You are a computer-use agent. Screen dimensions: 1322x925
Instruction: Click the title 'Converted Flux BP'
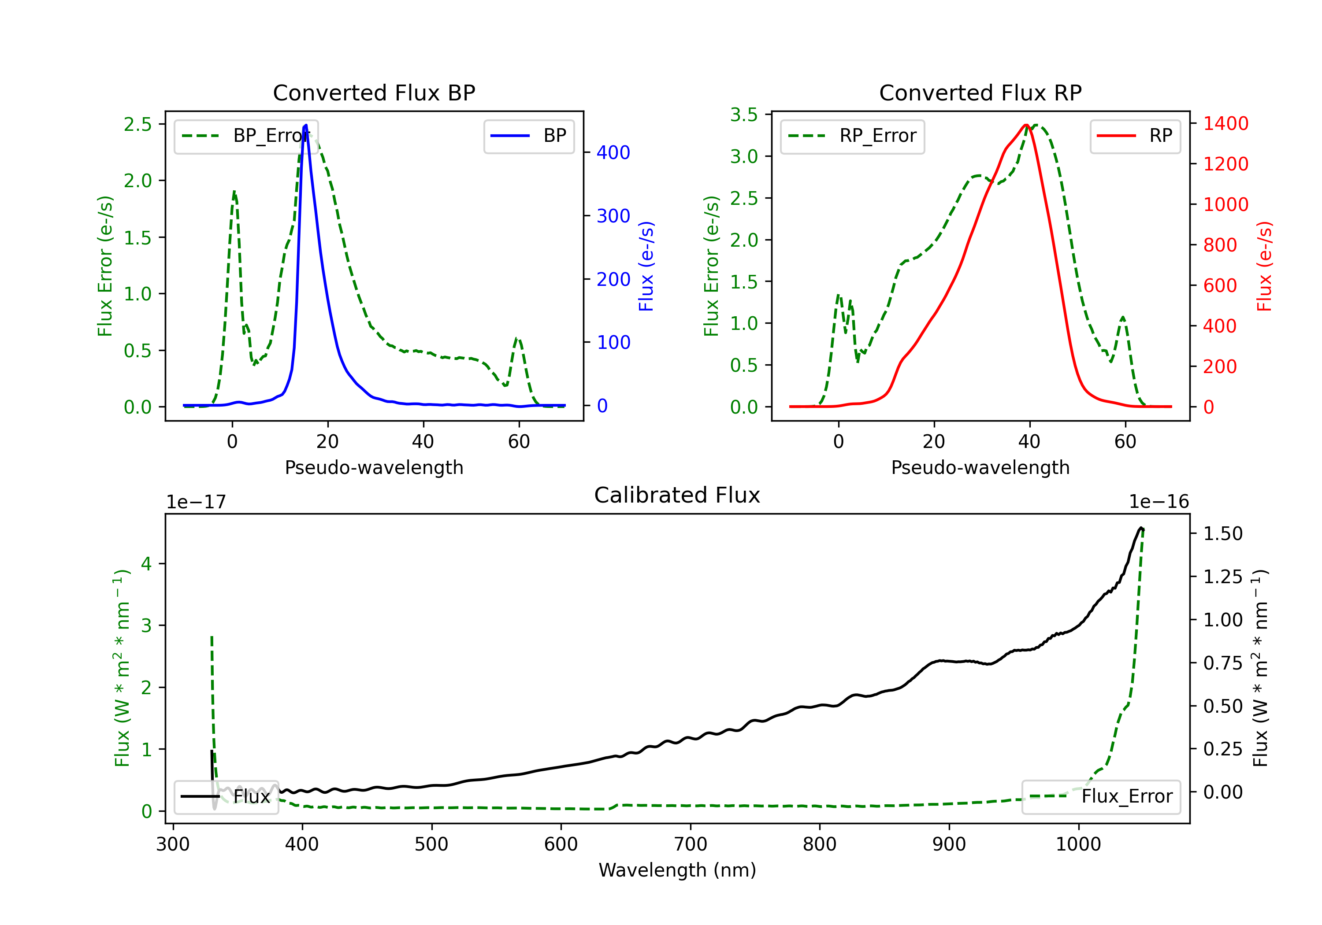coord(374,92)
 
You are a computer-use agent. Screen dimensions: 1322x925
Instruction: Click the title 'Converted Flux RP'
coord(980,92)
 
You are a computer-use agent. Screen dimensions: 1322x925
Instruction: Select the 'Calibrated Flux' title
coord(677,495)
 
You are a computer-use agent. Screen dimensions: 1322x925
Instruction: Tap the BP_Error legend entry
coord(246,136)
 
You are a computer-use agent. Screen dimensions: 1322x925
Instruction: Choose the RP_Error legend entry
coord(852,136)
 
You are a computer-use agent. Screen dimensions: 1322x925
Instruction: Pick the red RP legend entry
coord(1135,136)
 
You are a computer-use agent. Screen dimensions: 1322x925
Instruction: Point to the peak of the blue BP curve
coord(306,125)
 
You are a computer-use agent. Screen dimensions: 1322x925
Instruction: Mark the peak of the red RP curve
coord(1027,125)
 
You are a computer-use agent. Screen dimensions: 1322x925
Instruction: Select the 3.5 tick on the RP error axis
coord(744,115)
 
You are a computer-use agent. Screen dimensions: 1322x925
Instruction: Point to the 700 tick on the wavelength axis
coord(691,844)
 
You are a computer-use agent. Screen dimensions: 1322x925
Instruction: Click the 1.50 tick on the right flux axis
coord(1223,533)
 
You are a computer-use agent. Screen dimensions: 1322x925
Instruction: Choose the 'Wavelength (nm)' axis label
coord(677,870)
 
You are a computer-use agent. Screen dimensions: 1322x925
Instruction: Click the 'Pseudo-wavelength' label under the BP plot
coord(374,467)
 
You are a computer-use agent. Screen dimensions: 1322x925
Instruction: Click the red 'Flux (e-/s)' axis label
coord(1264,266)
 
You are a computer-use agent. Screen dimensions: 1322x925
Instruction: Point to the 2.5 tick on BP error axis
coord(137,124)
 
